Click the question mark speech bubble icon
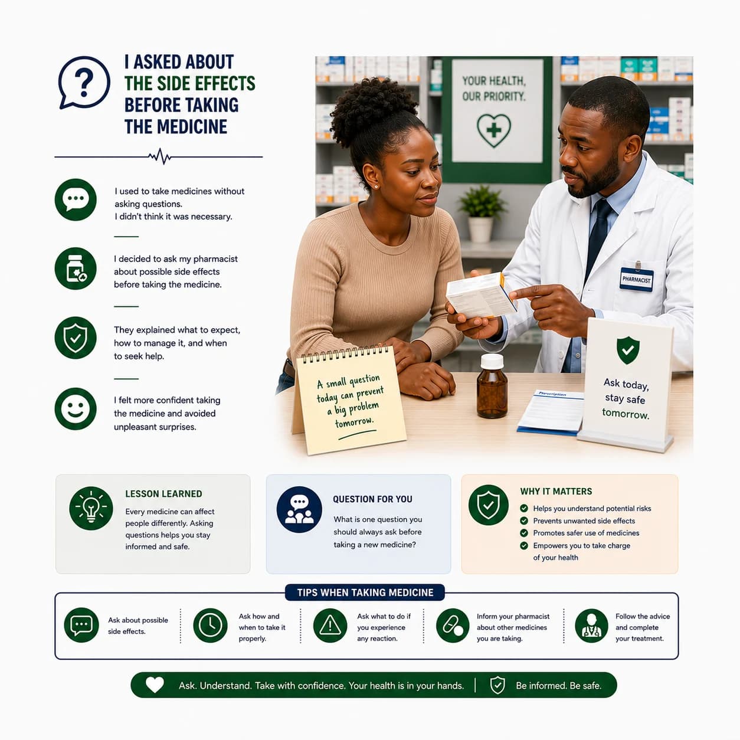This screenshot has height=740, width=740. pos(84,83)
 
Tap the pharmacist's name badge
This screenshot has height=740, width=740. pos(636,279)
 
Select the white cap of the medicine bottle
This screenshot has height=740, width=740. pos(492,361)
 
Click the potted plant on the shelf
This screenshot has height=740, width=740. pos(481,213)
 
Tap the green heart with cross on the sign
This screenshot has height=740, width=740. pos(493,130)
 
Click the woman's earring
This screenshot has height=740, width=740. pos(375,186)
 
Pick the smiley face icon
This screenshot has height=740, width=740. pos(76,408)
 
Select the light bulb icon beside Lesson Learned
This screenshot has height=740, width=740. pos(91,508)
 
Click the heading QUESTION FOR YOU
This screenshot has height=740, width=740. pos(372,499)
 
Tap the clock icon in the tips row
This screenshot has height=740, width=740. pos(210,625)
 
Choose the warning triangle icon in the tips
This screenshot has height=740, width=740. pos(330,625)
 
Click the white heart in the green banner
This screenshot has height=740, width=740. pos(155,685)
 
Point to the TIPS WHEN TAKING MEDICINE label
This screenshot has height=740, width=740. pos(365,592)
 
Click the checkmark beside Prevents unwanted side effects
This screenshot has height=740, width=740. pos(524,520)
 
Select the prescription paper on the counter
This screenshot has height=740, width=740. pos(551,412)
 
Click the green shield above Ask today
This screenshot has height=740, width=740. pos(628,350)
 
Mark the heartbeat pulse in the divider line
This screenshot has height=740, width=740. pos(160,156)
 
